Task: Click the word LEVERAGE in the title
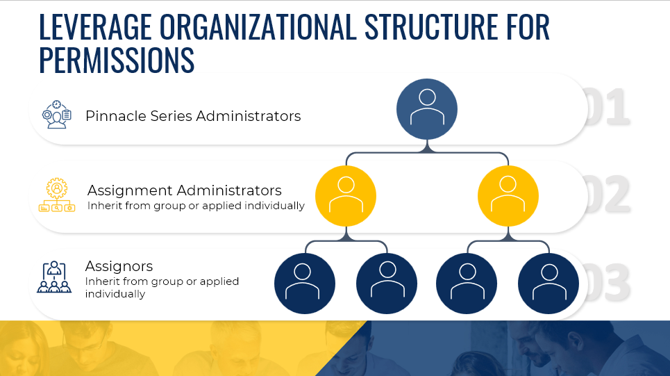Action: tap(95, 26)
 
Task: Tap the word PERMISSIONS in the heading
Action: tap(117, 60)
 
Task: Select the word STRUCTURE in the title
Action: tap(431, 26)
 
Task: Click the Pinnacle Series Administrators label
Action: tap(193, 116)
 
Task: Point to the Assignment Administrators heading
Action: tap(185, 190)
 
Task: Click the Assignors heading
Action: tap(119, 266)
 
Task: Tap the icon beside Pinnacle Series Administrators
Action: tap(56, 115)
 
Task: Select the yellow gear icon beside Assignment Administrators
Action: tap(57, 195)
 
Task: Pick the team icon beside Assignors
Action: tap(54, 277)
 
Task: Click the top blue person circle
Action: tap(427, 109)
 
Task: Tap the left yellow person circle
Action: tap(346, 196)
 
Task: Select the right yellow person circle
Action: tap(508, 196)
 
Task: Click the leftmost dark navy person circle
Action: tap(305, 284)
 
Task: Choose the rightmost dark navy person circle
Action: tap(548, 284)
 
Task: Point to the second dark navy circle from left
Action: tap(387, 284)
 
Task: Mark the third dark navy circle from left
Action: tap(467, 284)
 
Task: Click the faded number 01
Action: tap(607, 106)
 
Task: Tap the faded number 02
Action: tap(608, 194)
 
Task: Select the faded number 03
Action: tap(607, 282)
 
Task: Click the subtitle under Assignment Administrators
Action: tap(196, 206)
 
